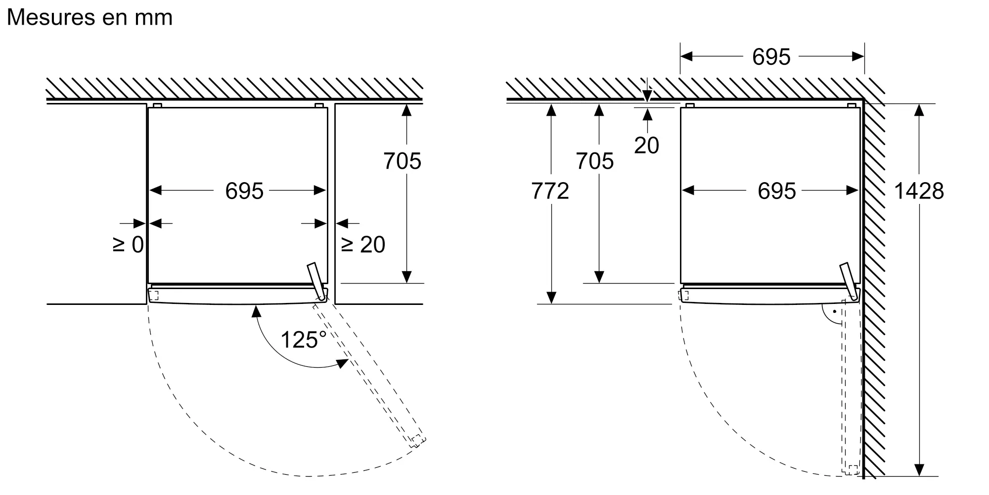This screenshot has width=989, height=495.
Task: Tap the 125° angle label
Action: click(x=304, y=340)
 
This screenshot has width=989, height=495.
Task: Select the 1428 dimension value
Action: click(x=919, y=191)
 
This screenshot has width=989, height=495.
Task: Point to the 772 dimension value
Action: click(x=550, y=191)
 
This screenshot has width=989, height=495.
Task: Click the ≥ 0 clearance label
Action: click(x=129, y=245)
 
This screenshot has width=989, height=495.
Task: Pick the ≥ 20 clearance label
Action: click(x=363, y=245)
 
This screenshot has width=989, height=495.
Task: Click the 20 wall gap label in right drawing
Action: click(x=646, y=146)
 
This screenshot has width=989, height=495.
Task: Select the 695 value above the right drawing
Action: click(x=771, y=57)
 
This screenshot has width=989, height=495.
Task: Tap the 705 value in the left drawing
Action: click(x=402, y=161)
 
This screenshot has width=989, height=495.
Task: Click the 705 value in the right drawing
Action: click(x=594, y=161)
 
